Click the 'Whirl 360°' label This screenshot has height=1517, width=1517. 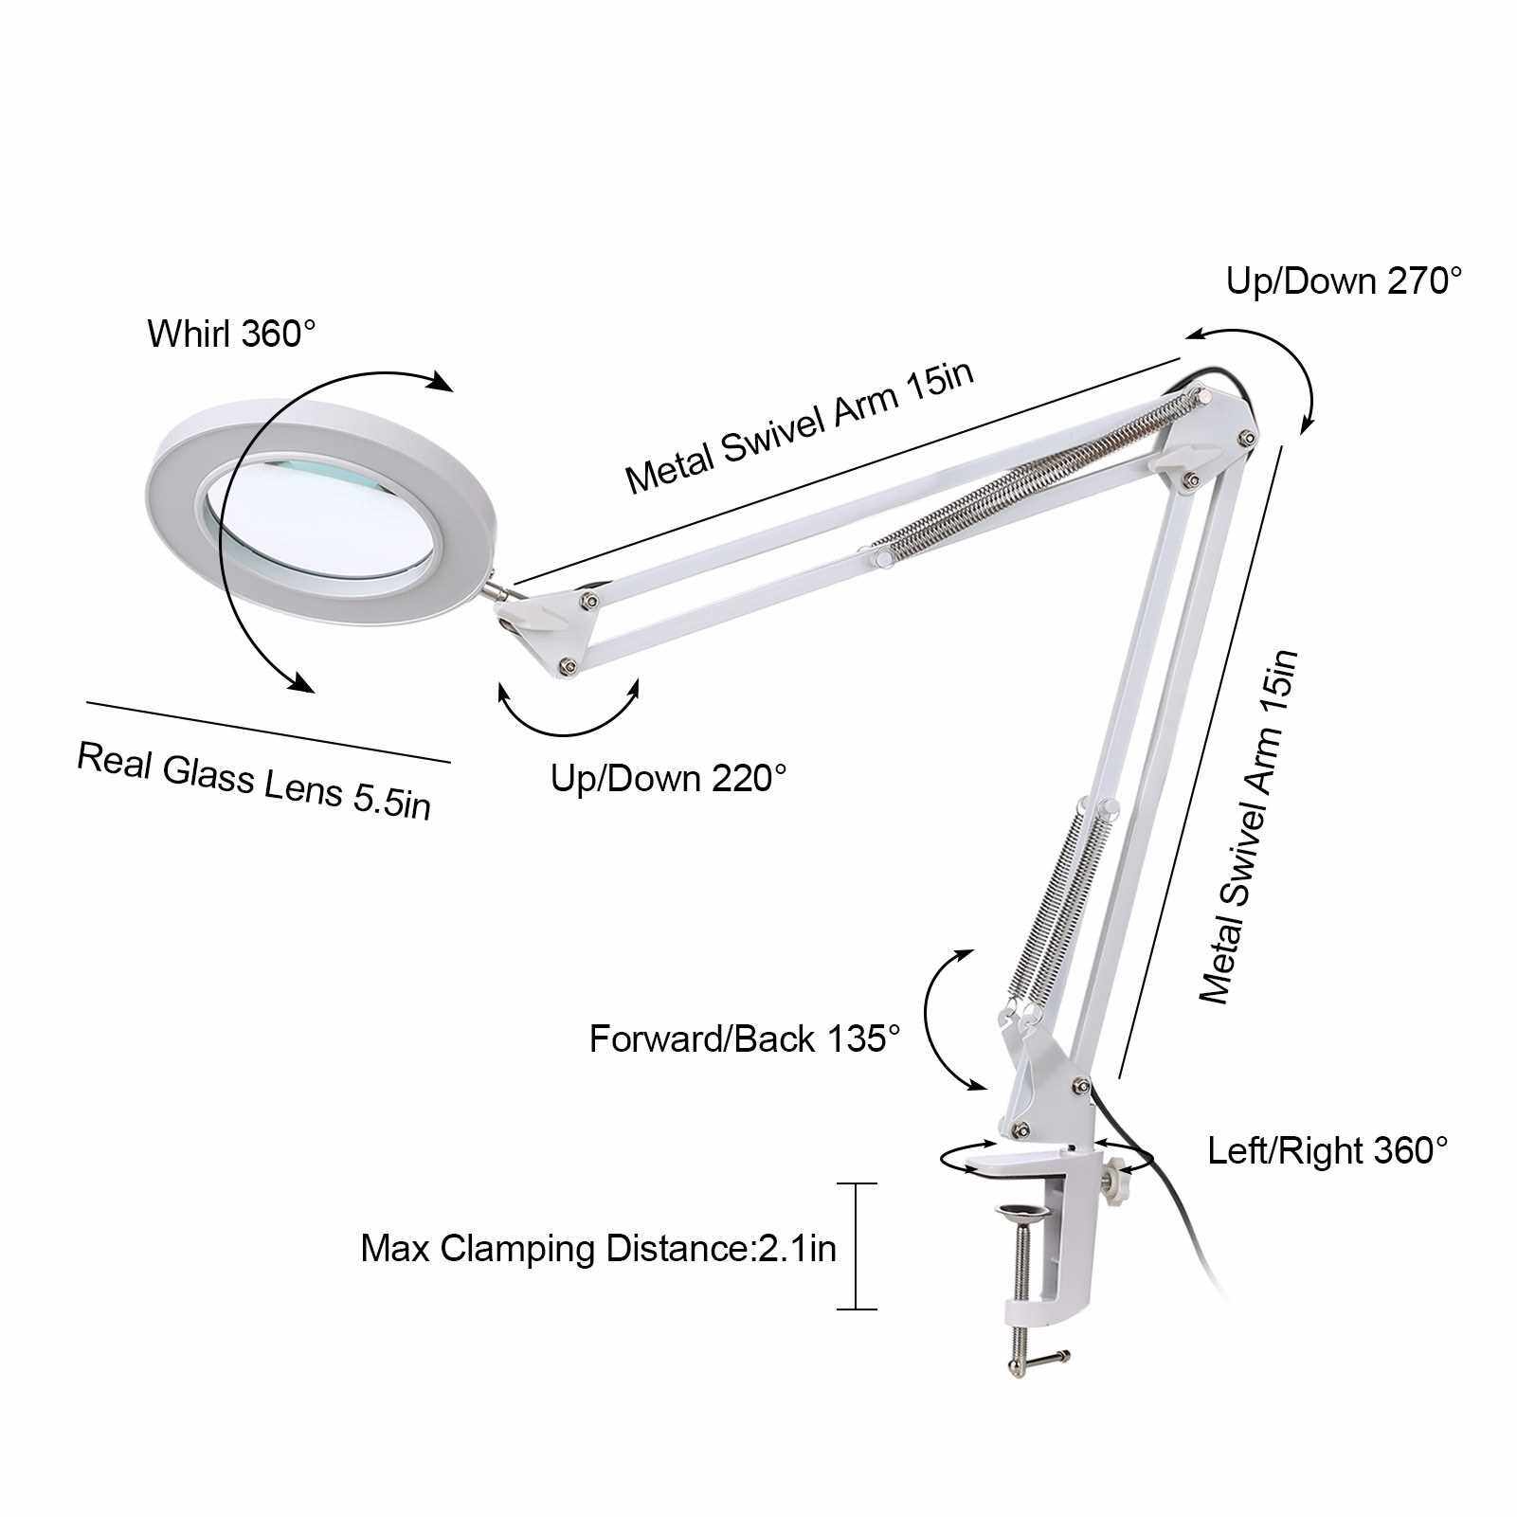pos(231,334)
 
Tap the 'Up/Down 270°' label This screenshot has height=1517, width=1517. pos(1345,281)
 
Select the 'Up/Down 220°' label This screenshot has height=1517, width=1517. pos(669,778)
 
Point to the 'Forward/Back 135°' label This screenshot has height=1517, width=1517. pos(744,1038)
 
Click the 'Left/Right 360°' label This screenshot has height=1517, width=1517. pos(1328,1151)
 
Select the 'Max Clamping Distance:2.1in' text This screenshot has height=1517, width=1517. pos(599,1248)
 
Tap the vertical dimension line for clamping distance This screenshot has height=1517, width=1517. pos(857,1246)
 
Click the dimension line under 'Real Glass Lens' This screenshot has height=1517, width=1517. pos(268,731)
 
